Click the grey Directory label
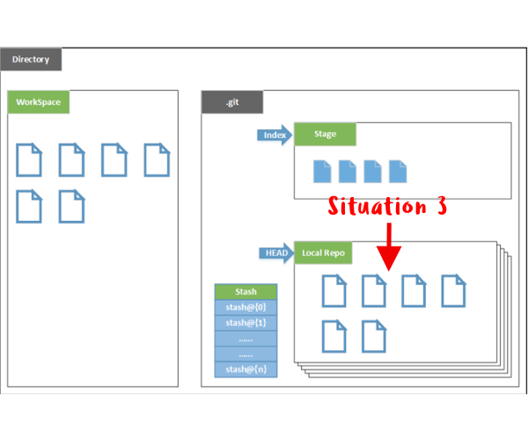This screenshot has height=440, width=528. click(x=31, y=59)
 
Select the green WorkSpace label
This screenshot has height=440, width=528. click(x=39, y=102)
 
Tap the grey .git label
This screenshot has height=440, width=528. click(x=232, y=102)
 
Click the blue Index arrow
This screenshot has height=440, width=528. click(x=275, y=135)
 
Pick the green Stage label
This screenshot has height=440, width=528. click(x=325, y=134)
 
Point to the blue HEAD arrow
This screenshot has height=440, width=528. click(x=276, y=253)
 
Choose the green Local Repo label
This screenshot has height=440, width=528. click(x=323, y=253)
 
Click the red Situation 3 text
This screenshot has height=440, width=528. click(x=387, y=206)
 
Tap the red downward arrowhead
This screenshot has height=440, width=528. click(x=389, y=258)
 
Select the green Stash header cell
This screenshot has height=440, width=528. click(x=246, y=291)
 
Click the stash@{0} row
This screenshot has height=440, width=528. click(x=246, y=307)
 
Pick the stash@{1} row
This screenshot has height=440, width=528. click(x=246, y=323)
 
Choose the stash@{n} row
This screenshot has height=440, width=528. click(x=246, y=370)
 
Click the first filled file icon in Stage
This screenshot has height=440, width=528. click(x=322, y=172)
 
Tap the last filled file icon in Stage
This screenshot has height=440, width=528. click(x=398, y=172)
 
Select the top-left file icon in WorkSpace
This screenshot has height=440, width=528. click(x=29, y=160)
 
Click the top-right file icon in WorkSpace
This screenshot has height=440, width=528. click(x=157, y=160)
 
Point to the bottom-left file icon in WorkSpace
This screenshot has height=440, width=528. click(x=29, y=206)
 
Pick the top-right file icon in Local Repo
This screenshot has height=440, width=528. click(x=453, y=291)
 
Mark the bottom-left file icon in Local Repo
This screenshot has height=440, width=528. click(x=334, y=336)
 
